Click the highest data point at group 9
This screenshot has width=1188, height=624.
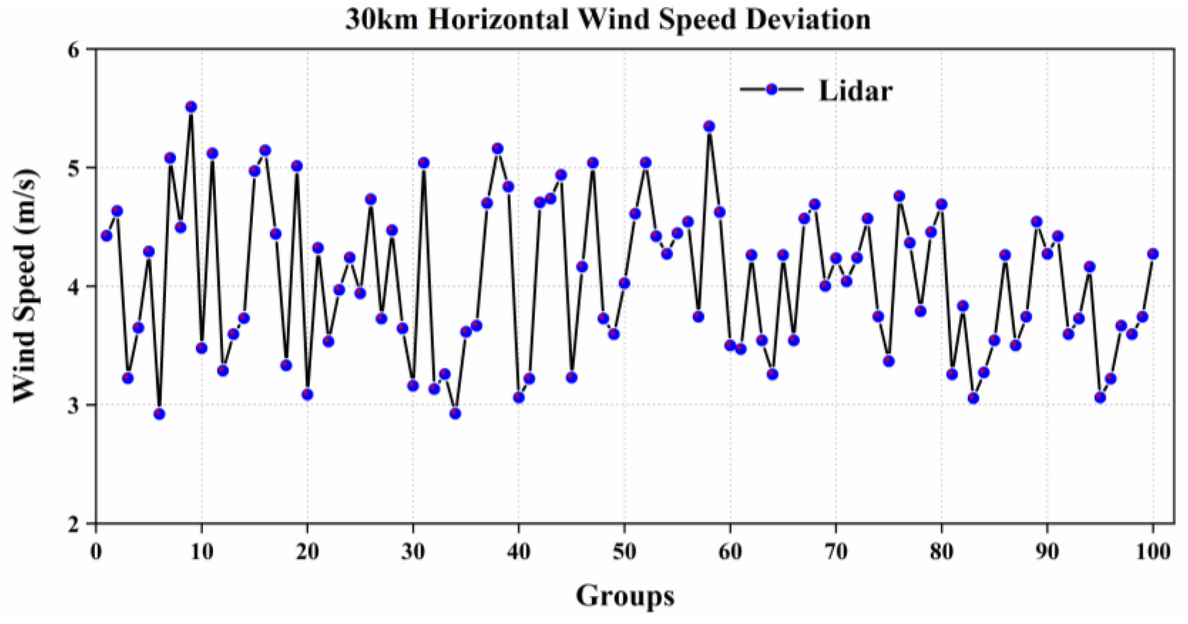pos(191,107)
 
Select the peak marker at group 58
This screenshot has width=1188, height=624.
pos(709,126)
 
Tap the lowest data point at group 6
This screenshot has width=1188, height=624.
pos(159,414)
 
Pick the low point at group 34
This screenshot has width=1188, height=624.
pos(455,413)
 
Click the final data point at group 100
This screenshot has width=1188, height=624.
pos(1153,254)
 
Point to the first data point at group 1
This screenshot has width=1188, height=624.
pos(107,235)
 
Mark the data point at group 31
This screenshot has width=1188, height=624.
pos(424,163)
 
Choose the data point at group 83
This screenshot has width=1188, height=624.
pos(974,398)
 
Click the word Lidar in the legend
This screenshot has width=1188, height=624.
pos(855,90)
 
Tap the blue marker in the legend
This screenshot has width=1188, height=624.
pos(772,89)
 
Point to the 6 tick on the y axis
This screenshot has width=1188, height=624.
pos(74,50)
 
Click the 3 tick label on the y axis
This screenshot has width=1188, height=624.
pos(74,405)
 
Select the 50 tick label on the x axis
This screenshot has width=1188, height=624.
pos(624,551)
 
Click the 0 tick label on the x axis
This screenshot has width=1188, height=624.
pos(96,551)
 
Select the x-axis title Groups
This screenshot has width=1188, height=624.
pos(625,596)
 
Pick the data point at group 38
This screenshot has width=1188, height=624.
pos(498,149)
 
